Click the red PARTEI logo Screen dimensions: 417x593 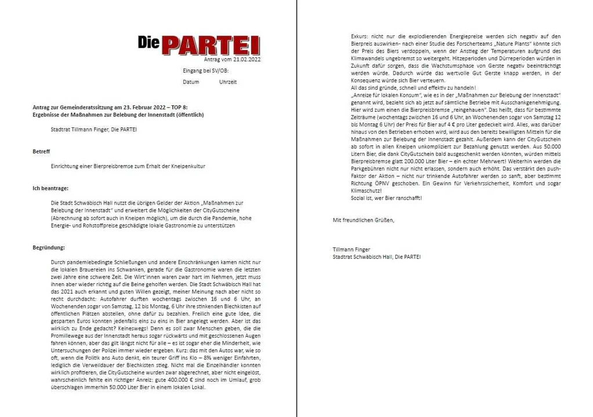199,44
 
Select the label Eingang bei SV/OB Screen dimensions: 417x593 205,71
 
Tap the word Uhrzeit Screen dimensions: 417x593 228,82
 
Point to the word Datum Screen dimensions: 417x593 191,82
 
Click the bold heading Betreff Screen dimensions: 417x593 41,151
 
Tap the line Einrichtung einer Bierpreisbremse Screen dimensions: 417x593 128,166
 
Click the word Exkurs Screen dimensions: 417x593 359,36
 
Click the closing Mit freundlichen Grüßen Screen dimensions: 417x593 363,220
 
